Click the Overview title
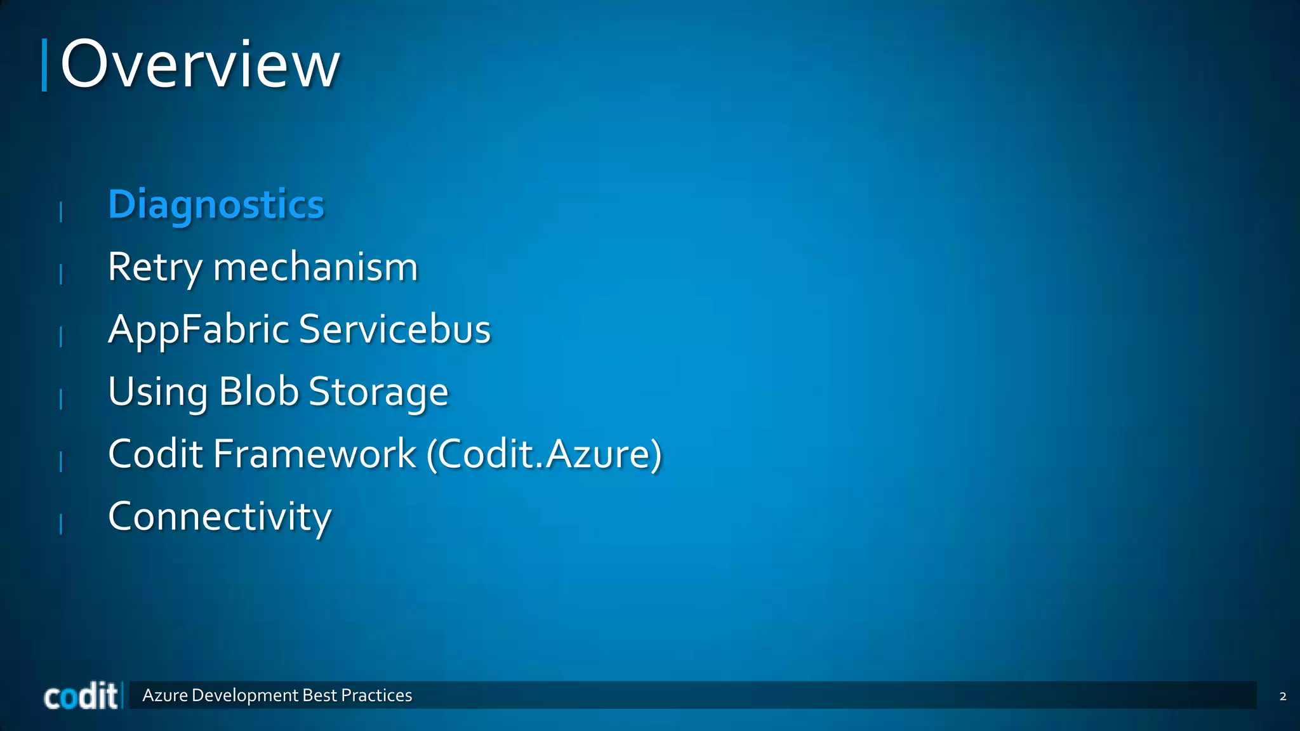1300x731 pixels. pyautogui.click(x=200, y=65)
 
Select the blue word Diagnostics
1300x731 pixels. pyautogui.click(x=216, y=205)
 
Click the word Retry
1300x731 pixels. pyautogui.click(x=154, y=267)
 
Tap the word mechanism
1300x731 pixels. pyautogui.click(x=315, y=267)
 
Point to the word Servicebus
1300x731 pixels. pyautogui.click(x=394, y=329)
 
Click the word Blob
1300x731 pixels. pyautogui.click(x=258, y=392)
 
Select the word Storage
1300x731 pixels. pyautogui.click(x=378, y=392)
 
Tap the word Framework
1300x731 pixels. pyautogui.click(x=315, y=454)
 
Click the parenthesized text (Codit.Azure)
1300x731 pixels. pyautogui.click(x=544, y=454)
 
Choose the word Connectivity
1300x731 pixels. pyautogui.click(x=220, y=516)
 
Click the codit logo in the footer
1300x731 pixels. pyautogui.click(x=81, y=697)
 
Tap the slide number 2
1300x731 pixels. pyautogui.click(x=1282, y=696)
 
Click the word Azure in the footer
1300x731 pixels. pyautogui.click(x=165, y=695)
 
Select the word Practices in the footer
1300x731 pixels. pyautogui.click(x=376, y=695)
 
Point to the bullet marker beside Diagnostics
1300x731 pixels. pyautogui.click(x=61, y=211)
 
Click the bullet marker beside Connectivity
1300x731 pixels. pyautogui.click(x=61, y=524)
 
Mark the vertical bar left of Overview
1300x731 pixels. pyautogui.click(x=44, y=65)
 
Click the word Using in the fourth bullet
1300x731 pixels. pyautogui.click(x=157, y=392)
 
